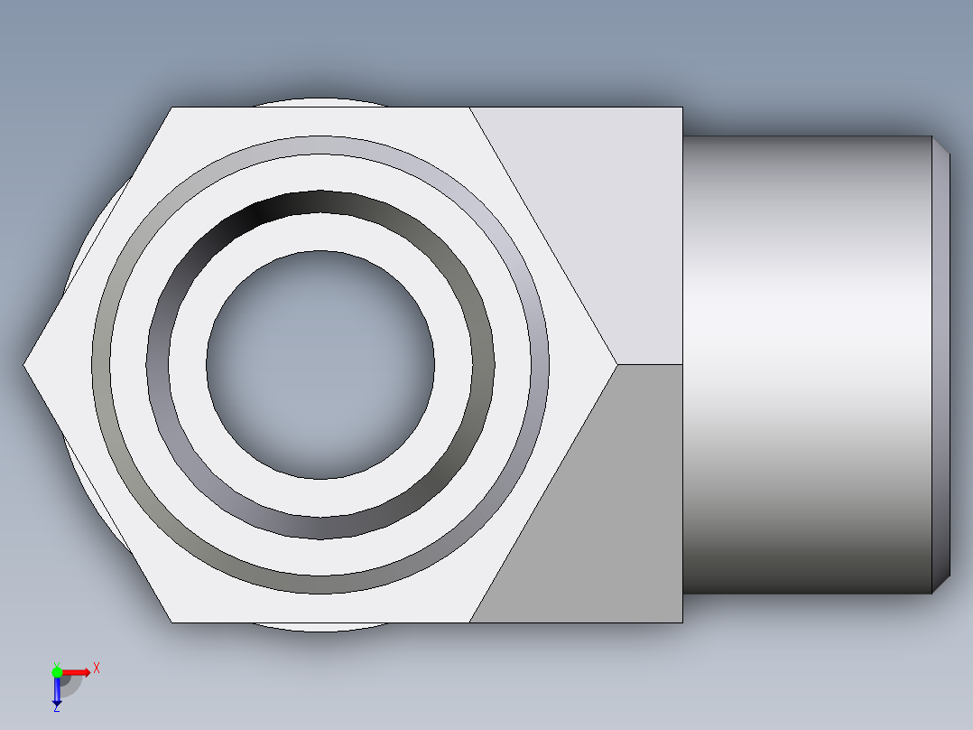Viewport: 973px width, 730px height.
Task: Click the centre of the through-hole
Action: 320,365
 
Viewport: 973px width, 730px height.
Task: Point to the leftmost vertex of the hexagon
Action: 24,365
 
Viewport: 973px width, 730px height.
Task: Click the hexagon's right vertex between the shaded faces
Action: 617,365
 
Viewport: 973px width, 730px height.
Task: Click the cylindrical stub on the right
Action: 803,365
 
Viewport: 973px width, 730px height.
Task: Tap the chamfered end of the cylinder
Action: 941,365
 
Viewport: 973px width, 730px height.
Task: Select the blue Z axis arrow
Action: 57,692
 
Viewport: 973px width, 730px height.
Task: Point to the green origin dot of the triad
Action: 57,671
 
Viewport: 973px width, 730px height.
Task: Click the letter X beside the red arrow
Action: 97,668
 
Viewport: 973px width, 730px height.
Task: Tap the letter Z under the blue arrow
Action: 56,709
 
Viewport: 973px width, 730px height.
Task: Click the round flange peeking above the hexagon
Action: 320,102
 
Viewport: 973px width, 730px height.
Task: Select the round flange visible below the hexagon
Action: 320,626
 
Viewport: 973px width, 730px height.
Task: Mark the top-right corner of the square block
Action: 681,108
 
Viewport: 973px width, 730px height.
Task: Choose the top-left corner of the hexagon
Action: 171,108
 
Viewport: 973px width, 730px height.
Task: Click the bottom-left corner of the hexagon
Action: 171,622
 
